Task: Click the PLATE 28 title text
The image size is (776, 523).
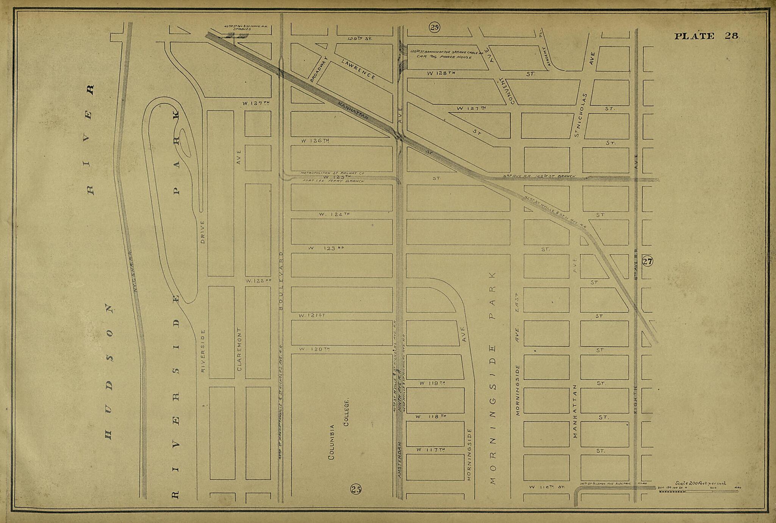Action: (x=706, y=36)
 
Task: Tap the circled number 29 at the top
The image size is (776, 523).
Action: (x=434, y=27)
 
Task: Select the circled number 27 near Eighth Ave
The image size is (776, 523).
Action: (x=648, y=261)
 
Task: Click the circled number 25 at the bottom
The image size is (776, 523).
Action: (x=356, y=489)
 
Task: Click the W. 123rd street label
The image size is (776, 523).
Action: (x=325, y=248)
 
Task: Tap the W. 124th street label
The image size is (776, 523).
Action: (x=334, y=214)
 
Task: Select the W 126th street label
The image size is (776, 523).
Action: (x=315, y=141)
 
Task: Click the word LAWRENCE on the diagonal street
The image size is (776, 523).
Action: (x=358, y=69)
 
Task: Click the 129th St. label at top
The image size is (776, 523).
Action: (x=360, y=39)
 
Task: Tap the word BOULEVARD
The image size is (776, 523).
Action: (x=281, y=280)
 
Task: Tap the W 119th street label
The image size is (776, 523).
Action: (x=432, y=383)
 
